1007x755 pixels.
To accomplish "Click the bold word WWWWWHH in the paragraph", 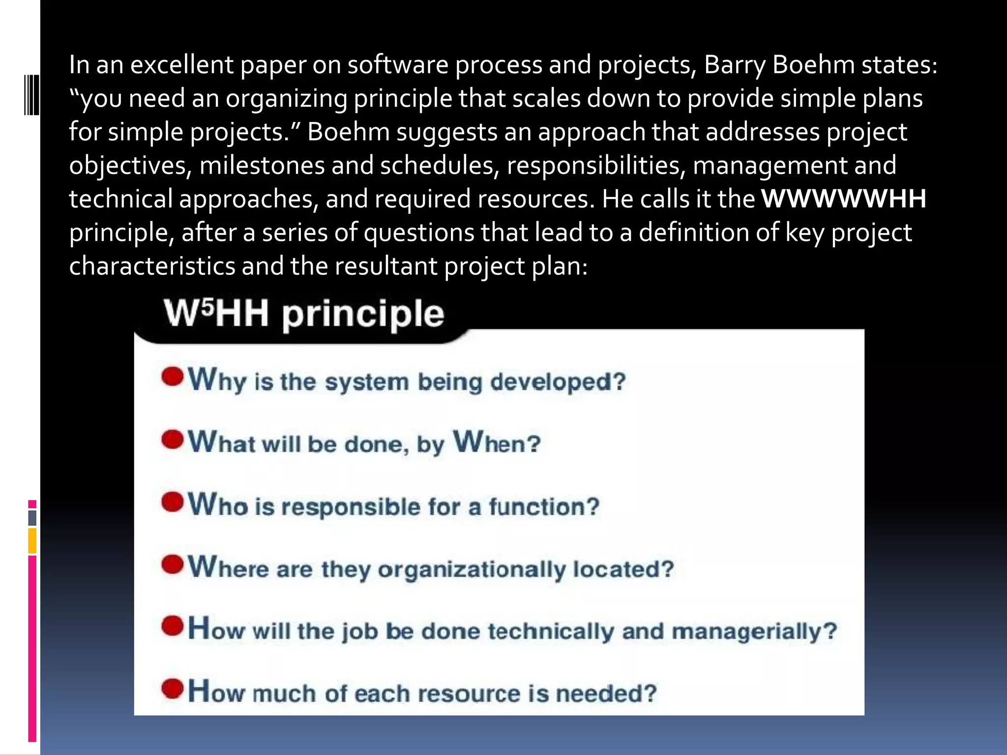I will click(843, 199).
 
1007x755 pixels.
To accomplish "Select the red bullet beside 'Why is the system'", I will click(172, 377).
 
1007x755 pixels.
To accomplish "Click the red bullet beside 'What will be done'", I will click(172, 439).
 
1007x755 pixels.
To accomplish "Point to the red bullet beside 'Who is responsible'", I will click(172, 502).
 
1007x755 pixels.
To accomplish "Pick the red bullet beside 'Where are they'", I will click(172, 564).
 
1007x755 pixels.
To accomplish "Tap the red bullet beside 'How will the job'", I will click(172, 626).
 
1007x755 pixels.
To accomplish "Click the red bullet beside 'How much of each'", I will click(172, 689).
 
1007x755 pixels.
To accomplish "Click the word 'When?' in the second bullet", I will click(497, 442).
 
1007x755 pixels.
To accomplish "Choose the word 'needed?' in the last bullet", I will click(606, 694).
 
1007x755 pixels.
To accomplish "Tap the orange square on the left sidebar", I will click(32, 541).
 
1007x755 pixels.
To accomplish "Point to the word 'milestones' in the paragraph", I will click(262, 166).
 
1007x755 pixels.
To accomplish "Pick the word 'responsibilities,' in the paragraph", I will click(596, 166).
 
